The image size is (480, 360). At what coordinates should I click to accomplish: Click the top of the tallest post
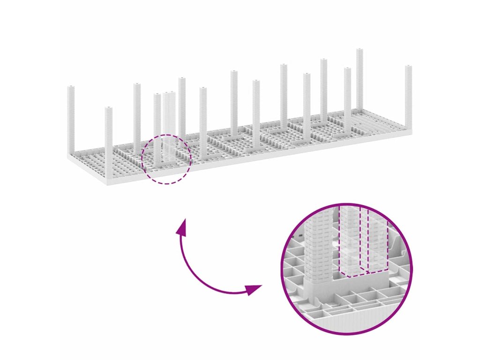pyautogui.click(x=360, y=50)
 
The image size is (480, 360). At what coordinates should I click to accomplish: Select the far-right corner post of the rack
pyautogui.click(x=408, y=98)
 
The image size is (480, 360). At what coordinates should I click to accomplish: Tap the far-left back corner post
pyautogui.click(x=71, y=117)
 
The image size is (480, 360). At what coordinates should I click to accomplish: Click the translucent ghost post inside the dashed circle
pyautogui.click(x=169, y=127)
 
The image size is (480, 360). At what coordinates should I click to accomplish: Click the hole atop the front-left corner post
pyautogui.click(x=109, y=108)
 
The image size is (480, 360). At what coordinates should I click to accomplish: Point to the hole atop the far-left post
pyautogui.click(x=71, y=87)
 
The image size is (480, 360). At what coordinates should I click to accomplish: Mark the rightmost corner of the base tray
pyautogui.click(x=412, y=132)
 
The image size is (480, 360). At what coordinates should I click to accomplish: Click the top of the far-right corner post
pyautogui.click(x=408, y=67)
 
